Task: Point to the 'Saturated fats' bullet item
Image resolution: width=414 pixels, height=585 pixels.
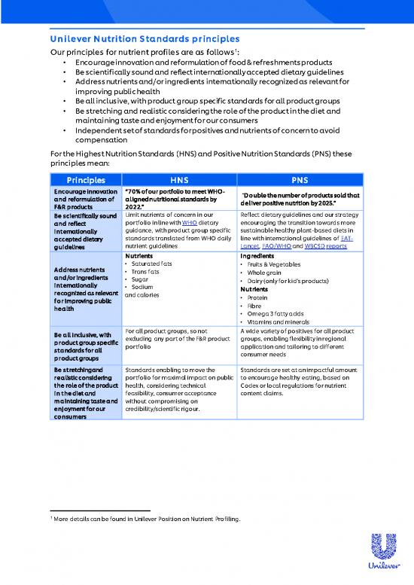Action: tap(151, 264)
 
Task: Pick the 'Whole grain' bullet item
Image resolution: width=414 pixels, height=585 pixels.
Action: tap(263, 272)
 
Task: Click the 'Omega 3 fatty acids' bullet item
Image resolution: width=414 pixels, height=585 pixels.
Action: tap(275, 313)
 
